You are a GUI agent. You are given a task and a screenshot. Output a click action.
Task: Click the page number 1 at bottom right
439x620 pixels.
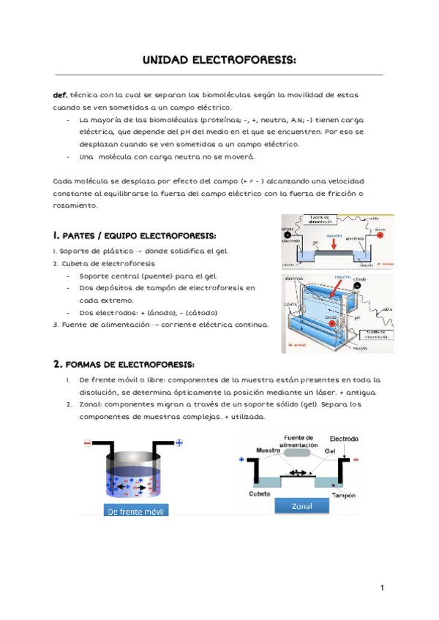[382, 588]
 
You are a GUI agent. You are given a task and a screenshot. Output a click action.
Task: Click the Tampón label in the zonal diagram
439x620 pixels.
[343, 495]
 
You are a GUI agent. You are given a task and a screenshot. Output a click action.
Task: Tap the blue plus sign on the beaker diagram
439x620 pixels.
[179, 443]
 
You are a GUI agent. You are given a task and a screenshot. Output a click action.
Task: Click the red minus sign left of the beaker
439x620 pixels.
[88, 443]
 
